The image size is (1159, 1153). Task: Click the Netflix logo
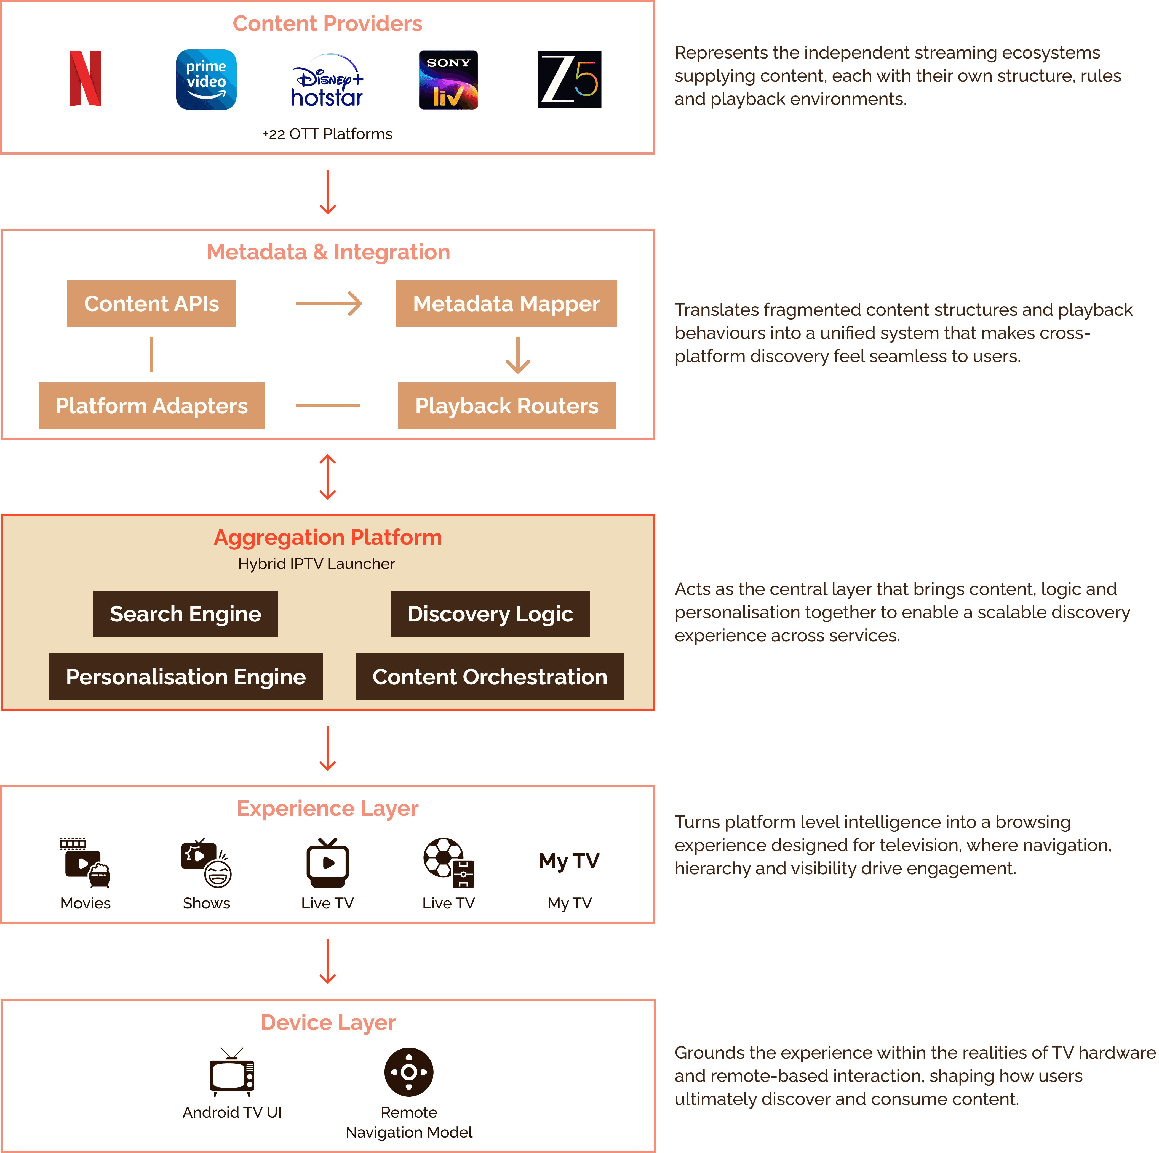coord(85,79)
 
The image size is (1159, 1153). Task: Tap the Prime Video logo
coord(206,79)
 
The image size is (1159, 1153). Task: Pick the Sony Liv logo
coord(448,80)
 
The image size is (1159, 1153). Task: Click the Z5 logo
coord(569,79)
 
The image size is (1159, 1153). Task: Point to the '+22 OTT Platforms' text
coord(328,134)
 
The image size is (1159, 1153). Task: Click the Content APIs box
coord(152,304)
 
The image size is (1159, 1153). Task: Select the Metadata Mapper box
coord(506,304)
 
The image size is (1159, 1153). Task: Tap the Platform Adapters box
coord(152,406)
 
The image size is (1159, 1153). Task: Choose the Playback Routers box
coord(506,406)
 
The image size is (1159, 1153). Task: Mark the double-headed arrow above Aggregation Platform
coord(328,477)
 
